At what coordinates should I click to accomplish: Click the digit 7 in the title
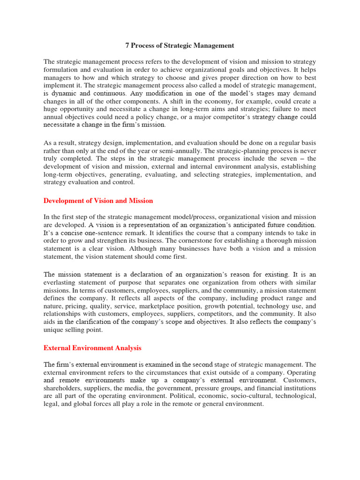pyautogui.click(x=127, y=45)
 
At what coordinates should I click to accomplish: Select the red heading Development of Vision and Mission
pyautogui.click(x=98, y=201)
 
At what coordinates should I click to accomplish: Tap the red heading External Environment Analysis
pyautogui.click(x=92, y=348)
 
